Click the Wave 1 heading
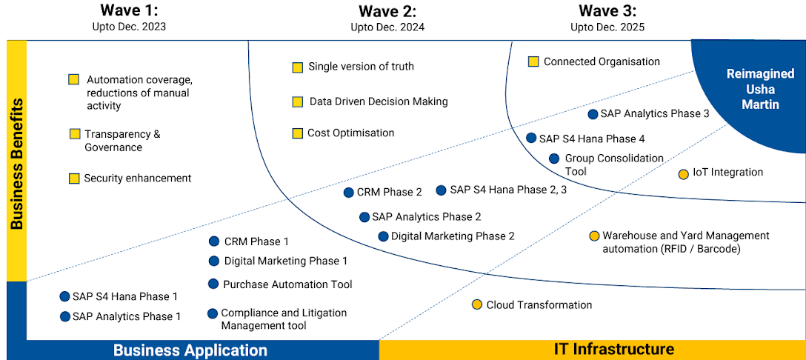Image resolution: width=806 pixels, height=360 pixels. click(x=129, y=10)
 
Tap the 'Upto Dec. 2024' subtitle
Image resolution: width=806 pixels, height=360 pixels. click(x=387, y=27)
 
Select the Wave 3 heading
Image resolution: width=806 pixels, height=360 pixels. click(x=607, y=10)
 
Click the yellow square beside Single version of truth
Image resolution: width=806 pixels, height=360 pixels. click(x=298, y=67)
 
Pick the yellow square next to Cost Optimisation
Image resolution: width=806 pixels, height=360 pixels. click(x=298, y=133)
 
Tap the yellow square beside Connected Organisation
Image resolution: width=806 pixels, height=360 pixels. click(x=533, y=62)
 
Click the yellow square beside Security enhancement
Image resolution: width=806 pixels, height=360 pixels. click(x=74, y=179)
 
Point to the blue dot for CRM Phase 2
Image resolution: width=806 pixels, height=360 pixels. click(x=349, y=193)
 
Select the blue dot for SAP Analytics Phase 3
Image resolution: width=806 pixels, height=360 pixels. click(x=593, y=114)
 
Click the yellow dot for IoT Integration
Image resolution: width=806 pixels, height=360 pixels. click(x=683, y=174)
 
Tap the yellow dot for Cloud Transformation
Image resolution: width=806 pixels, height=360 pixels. click(x=477, y=304)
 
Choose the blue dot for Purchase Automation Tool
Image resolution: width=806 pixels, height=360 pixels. click(x=213, y=284)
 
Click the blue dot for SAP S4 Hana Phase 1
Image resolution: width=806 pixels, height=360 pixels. click(x=64, y=296)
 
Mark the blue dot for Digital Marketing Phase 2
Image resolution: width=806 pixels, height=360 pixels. click(x=383, y=236)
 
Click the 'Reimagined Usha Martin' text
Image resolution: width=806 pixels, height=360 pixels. click(x=760, y=89)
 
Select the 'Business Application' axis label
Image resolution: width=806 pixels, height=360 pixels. click(x=190, y=350)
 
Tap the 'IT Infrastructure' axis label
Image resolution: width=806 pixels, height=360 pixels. click(x=614, y=349)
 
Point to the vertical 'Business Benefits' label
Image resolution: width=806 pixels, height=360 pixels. click(x=16, y=163)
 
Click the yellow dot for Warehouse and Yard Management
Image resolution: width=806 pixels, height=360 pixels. click(x=594, y=236)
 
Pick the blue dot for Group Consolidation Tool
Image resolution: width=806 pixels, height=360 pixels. click(x=554, y=159)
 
